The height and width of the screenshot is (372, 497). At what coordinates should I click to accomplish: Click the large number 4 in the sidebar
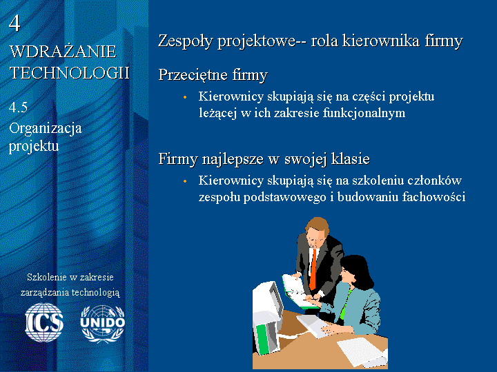tap(14, 23)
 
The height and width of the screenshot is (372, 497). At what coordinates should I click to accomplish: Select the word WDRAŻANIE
tap(63, 52)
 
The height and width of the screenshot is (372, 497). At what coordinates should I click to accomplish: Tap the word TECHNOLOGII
tap(70, 73)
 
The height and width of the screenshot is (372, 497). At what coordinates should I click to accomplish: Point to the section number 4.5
tap(18, 107)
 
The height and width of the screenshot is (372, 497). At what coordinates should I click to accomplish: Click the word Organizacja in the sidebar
tap(46, 128)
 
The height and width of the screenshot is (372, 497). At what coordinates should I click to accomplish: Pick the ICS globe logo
tap(44, 322)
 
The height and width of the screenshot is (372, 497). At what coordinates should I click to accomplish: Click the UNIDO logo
tap(102, 324)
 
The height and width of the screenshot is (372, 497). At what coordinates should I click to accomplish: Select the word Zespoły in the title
tap(186, 41)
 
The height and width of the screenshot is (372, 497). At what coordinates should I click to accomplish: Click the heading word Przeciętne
tap(193, 75)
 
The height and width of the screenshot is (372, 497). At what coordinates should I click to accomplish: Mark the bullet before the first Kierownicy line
tap(185, 97)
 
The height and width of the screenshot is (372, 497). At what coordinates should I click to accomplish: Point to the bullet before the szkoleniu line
tap(185, 181)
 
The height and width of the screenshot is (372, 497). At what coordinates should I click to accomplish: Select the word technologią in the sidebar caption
tap(95, 292)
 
